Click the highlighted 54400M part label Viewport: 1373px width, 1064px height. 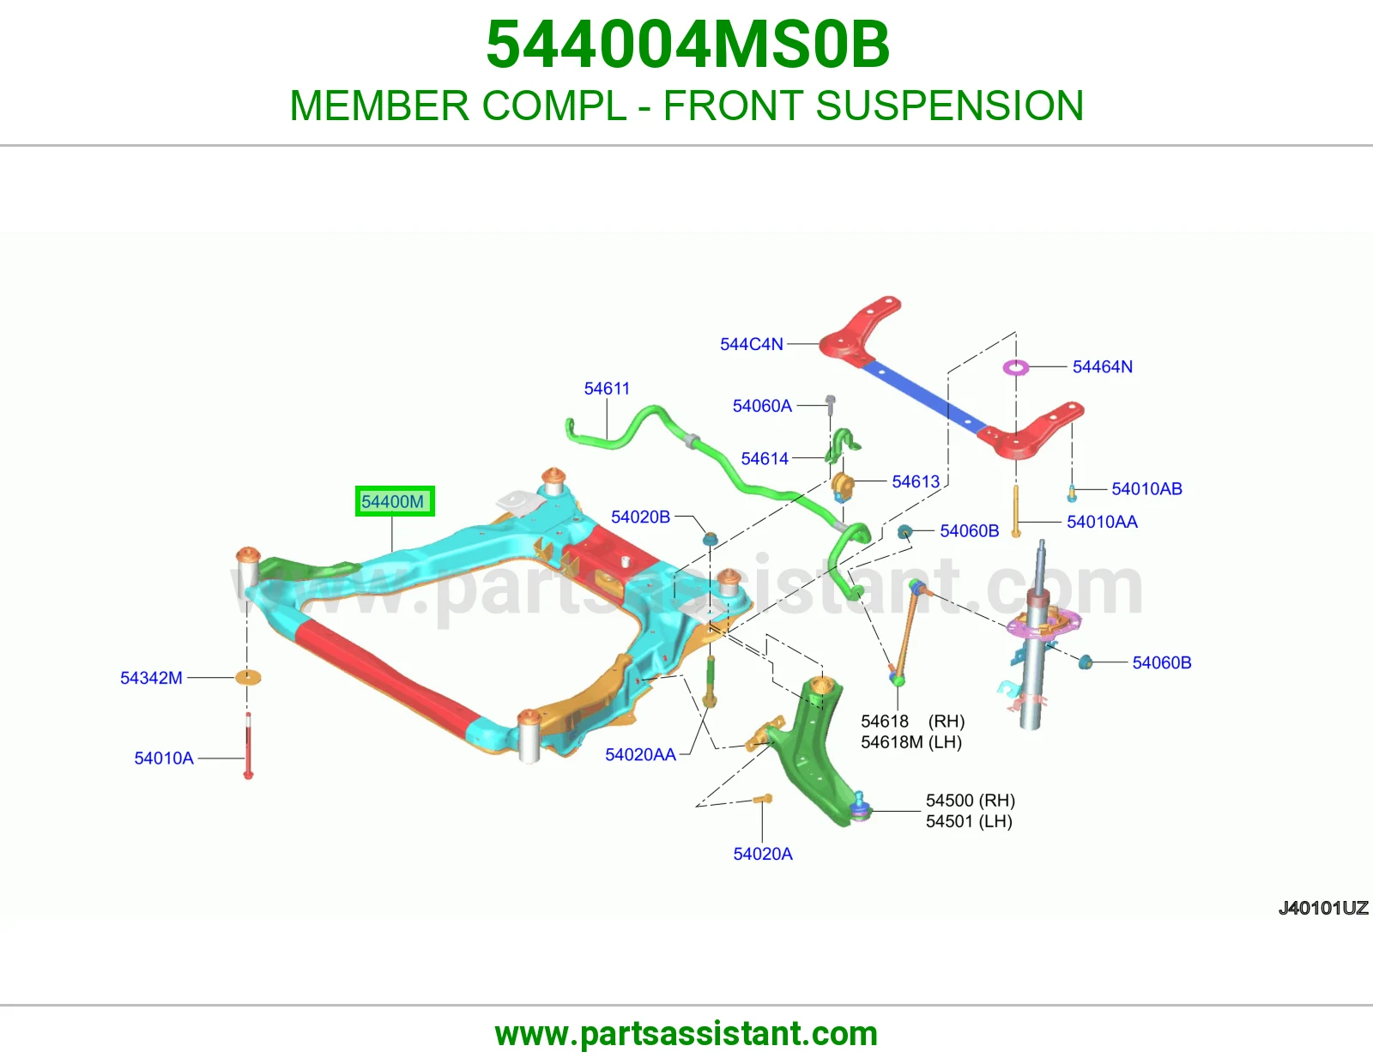(x=394, y=501)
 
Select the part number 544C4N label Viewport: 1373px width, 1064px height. (x=751, y=344)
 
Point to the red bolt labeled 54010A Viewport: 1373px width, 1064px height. (x=248, y=746)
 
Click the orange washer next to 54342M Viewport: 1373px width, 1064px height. (x=248, y=677)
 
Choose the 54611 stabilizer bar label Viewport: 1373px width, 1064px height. (x=607, y=389)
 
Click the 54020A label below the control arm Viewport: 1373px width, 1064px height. (x=763, y=855)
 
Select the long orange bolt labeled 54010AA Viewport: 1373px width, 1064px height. (x=1016, y=511)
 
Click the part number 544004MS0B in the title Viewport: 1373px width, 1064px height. (x=687, y=45)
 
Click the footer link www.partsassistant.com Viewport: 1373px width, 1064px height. (x=686, y=1034)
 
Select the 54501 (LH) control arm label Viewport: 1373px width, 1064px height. (x=969, y=821)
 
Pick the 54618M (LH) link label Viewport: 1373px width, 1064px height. (x=911, y=741)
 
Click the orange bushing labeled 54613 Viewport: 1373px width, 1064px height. (x=842, y=486)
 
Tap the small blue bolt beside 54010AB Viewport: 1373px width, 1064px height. (x=1072, y=493)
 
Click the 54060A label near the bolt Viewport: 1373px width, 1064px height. (x=762, y=406)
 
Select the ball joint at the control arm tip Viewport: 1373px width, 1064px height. (x=859, y=807)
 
